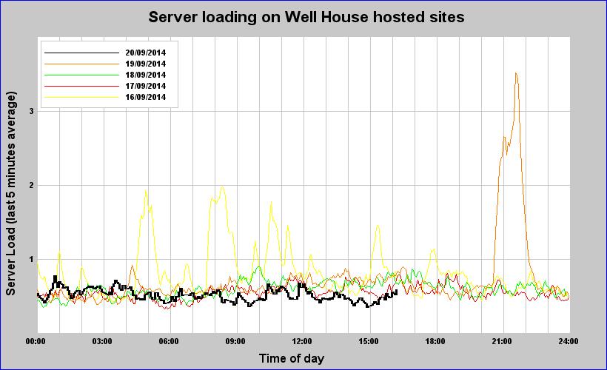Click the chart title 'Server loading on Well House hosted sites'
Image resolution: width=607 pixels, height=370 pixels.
click(x=306, y=16)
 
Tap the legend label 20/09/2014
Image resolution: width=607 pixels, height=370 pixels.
click(x=145, y=53)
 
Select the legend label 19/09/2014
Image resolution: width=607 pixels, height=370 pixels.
click(x=145, y=64)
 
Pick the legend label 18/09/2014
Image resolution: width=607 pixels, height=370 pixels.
click(x=145, y=75)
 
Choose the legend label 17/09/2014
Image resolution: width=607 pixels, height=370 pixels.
click(x=145, y=86)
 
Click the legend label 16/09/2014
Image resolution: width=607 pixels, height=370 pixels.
click(x=145, y=97)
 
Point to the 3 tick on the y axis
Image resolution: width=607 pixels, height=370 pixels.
click(x=31, y=111)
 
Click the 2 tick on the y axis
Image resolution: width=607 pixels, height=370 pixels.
click(x=31, y=185)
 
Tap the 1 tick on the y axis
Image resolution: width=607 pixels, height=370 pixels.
click(x=31, y=259)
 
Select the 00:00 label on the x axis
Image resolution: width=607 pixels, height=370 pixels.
click(x=36, y=341)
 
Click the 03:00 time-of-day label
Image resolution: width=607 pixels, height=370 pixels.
click(x=102, y=341)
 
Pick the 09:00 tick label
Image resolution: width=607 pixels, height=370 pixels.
click(x=235, y=341)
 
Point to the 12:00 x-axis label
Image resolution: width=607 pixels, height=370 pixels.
click(x=302, y=341)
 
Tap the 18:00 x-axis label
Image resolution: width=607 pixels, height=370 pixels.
click(x=435, y=341)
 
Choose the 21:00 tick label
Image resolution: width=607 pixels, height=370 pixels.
click(x=502, y=341)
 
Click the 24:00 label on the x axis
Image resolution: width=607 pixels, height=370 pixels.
click(x=568, y=341)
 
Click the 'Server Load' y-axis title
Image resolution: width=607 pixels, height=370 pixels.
click(x=11, y=194)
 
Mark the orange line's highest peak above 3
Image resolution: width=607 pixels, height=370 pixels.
click(x=515, y=73)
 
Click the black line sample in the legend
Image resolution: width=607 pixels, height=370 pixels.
click(x=81, y=53)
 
